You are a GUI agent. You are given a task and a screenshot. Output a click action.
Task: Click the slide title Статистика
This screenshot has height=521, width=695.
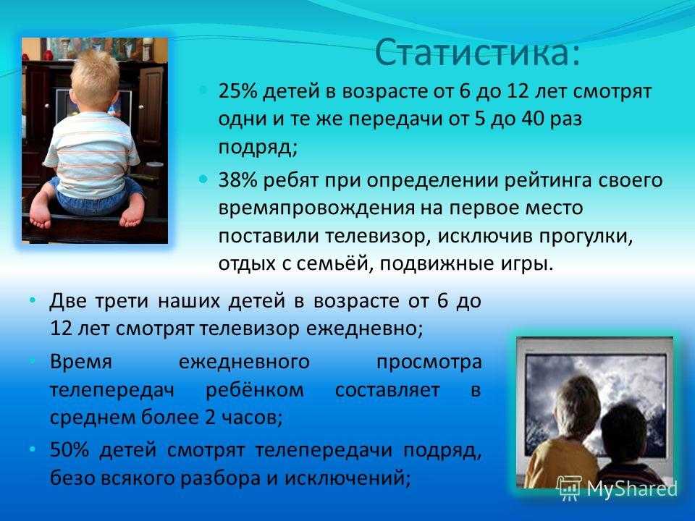(x=477, y=52)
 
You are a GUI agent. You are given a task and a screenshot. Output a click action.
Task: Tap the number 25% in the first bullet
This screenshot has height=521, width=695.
(x=237, y=92)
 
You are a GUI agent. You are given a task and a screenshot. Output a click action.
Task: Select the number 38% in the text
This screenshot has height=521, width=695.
(x=237, y=181)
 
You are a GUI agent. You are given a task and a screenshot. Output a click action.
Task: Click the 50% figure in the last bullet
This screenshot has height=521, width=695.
(x=69, y=449)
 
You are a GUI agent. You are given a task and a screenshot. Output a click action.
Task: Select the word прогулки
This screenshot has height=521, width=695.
(x=586, y=237)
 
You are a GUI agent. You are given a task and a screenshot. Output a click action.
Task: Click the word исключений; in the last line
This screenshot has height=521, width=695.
(x=347, y=478)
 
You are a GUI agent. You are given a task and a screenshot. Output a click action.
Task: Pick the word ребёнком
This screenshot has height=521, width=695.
(x=255, y=390)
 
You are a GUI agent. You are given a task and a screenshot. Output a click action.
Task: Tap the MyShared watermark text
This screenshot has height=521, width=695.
(x=632, y=488)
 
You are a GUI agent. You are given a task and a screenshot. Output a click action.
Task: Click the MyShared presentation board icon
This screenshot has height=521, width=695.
(x=570, y=488)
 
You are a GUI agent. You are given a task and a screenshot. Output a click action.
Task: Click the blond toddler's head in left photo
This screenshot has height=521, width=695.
(x=96, y=80)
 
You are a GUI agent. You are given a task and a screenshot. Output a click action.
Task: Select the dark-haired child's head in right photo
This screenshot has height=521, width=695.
(x=625, y=433)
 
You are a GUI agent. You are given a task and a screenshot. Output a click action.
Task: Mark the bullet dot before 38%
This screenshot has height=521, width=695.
(x=203, y=180)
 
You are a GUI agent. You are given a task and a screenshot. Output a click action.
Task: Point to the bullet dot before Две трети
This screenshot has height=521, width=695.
(x=32, y=301)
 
